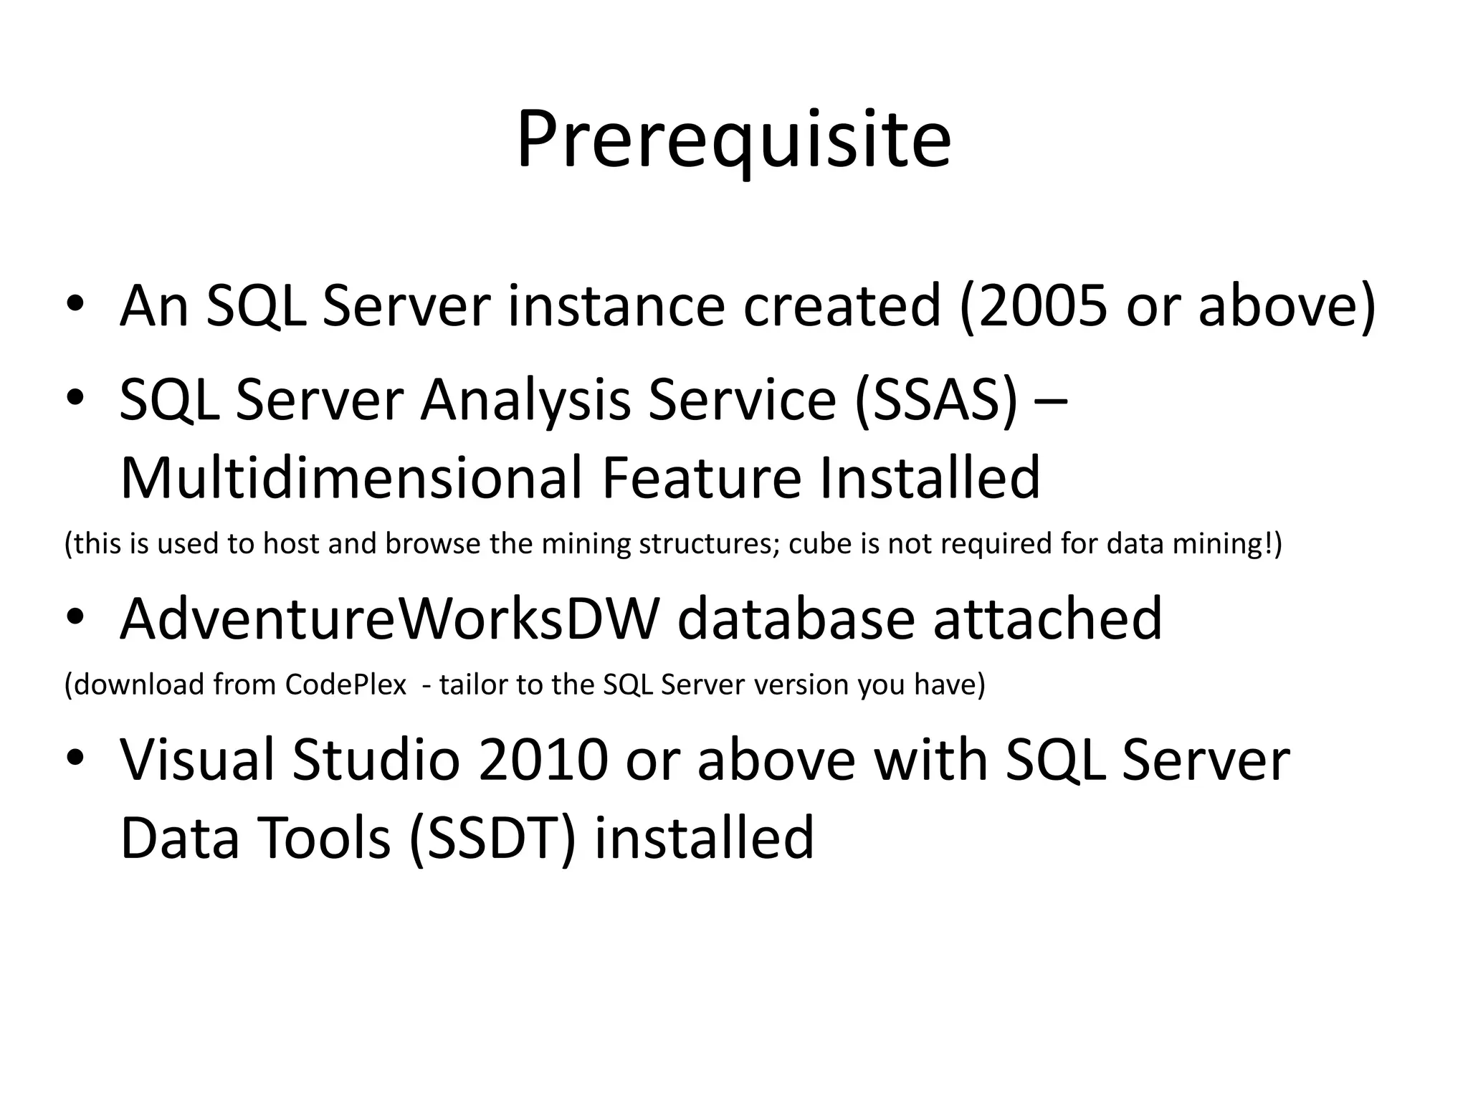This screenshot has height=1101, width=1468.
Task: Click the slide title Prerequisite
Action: coord(733,140)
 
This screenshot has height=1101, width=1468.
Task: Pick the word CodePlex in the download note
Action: coord(345,685)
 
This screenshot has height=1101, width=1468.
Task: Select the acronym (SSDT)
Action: coord(493,838)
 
